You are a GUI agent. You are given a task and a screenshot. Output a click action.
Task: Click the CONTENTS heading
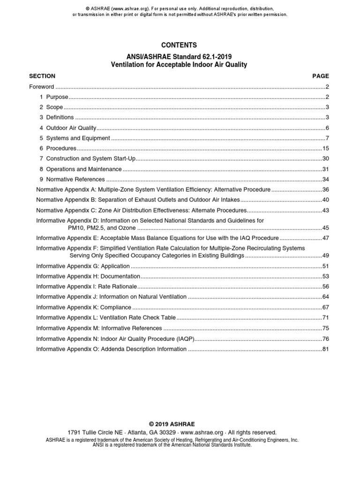[x=179, y=45]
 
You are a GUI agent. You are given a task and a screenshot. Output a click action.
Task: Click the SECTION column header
[x=42, y=76]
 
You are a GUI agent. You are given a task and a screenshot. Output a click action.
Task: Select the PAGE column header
[x=321, y=76]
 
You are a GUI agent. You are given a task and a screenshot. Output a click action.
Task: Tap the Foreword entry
[x=42, y=87]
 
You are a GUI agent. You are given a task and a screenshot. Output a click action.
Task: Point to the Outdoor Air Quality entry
[x=71, y=128]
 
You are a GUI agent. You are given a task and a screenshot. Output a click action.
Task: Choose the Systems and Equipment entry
[x=78, y=138]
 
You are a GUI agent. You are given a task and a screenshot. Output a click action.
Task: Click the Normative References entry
[x=75, y=179]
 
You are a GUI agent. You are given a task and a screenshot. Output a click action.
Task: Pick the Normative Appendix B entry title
[x=138, y=200]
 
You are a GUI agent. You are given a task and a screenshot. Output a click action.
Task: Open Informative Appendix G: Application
[x=83, y=266]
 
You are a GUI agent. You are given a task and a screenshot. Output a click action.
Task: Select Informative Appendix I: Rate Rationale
[x=87, y=286]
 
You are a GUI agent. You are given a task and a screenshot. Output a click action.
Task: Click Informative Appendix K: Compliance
[x=84, y=307]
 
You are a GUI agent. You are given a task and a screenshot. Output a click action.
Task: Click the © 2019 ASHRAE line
[x=180, y=424]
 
